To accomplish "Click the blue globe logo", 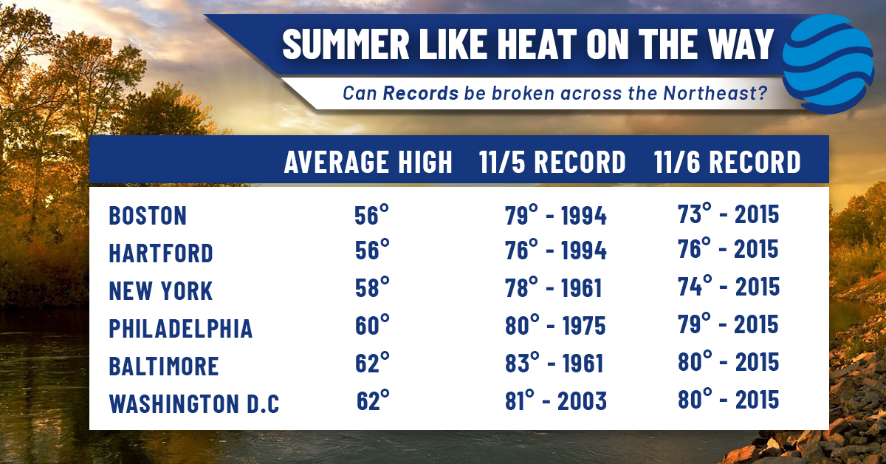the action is click(828, 64).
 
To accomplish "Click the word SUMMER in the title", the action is click(346, 44).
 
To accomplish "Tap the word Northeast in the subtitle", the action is click(715, 93).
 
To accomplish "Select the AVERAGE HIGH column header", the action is click(368, 162).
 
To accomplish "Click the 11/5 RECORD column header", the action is click(552, 162).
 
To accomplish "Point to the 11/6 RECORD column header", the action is click(727, 162).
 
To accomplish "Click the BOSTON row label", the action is click(148, 216).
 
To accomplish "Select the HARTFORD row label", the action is click(161, 253).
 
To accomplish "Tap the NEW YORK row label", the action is click(161, 290).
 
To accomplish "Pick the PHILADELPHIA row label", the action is click(180, 328).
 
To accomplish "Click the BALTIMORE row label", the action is click(164, 366).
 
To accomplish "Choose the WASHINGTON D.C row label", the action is click(194, 403).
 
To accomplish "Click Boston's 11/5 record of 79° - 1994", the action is click(556, 215).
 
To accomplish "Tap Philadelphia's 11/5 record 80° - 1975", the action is click(555, 324).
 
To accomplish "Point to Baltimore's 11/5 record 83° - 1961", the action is click(554, 362).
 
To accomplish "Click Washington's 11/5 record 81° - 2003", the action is click(556, 400).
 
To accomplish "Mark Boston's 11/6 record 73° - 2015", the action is click(728, 214).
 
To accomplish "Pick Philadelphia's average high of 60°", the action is click(372, 324).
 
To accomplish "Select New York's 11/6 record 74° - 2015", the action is click(729, 286).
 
